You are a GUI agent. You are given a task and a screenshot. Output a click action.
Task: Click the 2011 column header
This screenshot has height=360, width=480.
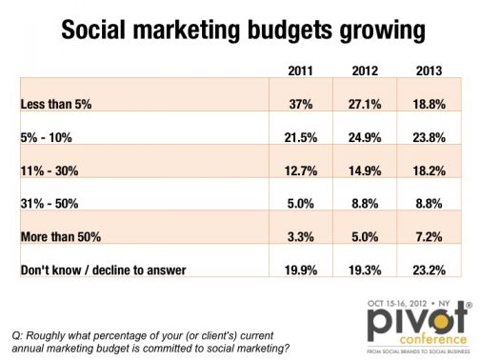pos(300,70)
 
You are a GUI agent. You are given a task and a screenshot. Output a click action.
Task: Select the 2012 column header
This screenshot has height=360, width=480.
pos(365,70)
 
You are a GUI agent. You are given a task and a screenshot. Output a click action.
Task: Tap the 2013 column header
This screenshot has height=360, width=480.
pos(429,70)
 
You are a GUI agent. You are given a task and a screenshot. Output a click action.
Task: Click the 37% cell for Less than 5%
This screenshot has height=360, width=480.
pos(301,104)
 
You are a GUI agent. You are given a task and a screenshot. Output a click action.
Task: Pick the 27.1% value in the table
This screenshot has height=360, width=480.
pos(365,104)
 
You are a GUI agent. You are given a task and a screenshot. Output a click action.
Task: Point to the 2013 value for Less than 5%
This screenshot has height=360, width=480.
pos(429,104)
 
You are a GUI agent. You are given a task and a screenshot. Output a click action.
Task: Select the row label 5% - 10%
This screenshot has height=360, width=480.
pos(47,138)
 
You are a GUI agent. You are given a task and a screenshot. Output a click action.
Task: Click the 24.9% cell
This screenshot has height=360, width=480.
pos(365,138)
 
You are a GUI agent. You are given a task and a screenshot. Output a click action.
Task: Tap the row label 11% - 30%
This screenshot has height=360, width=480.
pos(50,171)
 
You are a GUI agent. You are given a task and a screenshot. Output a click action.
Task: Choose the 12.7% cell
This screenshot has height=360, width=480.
pos(301,171)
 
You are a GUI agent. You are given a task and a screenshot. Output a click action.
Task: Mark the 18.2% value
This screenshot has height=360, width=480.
pos(429,171)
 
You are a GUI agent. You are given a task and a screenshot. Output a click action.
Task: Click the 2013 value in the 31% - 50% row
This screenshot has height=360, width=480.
pos(429,204)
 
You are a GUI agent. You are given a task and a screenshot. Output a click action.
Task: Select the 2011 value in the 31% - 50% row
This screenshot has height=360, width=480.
pos(301,204)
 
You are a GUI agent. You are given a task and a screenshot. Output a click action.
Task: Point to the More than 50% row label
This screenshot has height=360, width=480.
pos(61,237)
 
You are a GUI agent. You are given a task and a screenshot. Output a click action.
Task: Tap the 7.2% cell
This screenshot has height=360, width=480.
pos(429,237)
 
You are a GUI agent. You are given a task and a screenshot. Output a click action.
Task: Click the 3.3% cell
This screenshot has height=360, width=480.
pos(301,237)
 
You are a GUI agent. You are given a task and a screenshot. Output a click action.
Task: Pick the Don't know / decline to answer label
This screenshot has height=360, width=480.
pos(103,270)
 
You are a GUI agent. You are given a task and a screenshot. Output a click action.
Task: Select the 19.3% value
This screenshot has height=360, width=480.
pos(365,270)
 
